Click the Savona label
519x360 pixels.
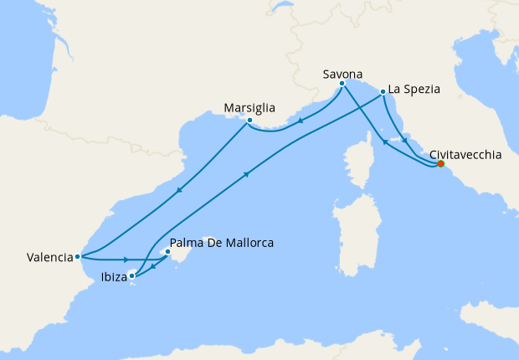342,74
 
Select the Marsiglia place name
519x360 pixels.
250,108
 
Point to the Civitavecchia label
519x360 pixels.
465,155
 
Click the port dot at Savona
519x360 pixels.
342,84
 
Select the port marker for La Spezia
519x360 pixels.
383,91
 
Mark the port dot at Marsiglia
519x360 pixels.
249,121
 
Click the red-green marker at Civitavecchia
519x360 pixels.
440,164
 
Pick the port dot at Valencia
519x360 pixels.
77,257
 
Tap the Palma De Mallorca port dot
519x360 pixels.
167,251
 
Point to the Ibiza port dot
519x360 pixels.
132,275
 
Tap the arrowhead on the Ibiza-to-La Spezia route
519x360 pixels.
247,174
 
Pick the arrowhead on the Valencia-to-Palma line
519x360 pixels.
126,260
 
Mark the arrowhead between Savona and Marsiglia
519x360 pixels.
301,119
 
